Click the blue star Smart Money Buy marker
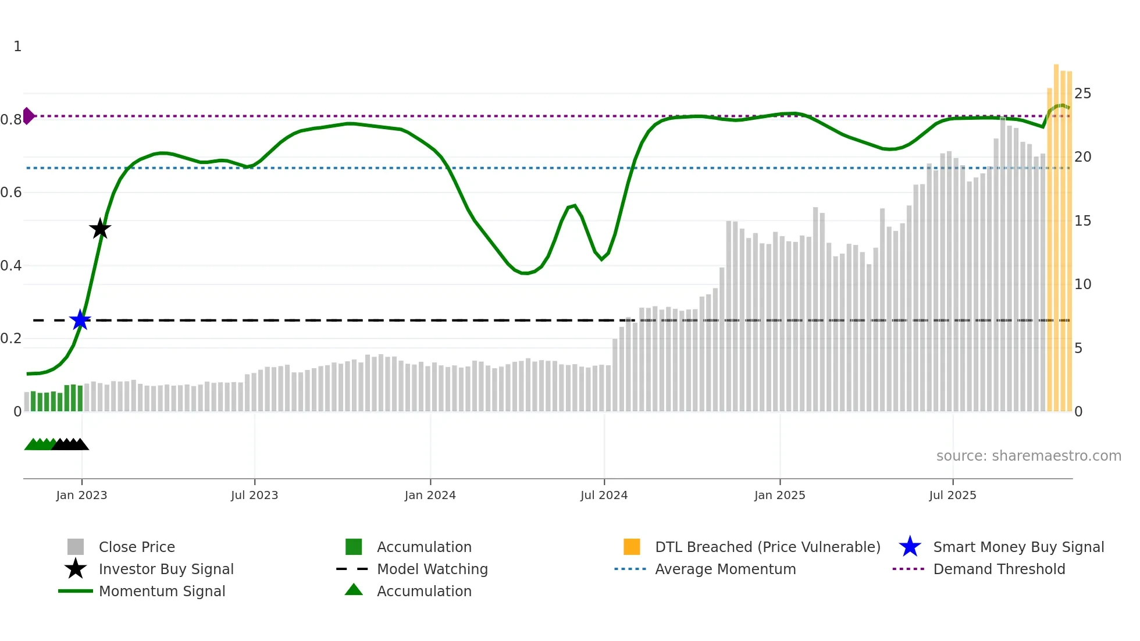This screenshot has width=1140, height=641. pos(80,320)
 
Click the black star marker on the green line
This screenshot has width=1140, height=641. pos(100,229)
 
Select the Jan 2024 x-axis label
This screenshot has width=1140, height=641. pos(430,495)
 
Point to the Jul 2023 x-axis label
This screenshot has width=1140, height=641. pos(254,495)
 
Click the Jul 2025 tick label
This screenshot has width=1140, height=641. pos(952,495)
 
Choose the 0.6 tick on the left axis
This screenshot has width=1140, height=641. pos(11,193)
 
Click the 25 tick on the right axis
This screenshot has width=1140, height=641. pos(1082,94)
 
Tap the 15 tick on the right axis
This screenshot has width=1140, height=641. pos(1082,221)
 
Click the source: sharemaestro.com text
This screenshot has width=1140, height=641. pos(1028,456)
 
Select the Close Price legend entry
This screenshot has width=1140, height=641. pos(137,547)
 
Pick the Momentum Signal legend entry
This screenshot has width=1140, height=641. pos(162,591)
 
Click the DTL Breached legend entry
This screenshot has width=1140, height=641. pos(767,547)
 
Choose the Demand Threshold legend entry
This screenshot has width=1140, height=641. pos(999,569)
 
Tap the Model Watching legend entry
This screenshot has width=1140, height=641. pos(432,569)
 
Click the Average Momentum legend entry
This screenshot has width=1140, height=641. pos(725,569)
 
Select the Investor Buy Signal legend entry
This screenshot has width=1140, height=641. pos(166,569)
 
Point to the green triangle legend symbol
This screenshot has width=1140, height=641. pos(354,590)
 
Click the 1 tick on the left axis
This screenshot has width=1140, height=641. pos(17,47)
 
